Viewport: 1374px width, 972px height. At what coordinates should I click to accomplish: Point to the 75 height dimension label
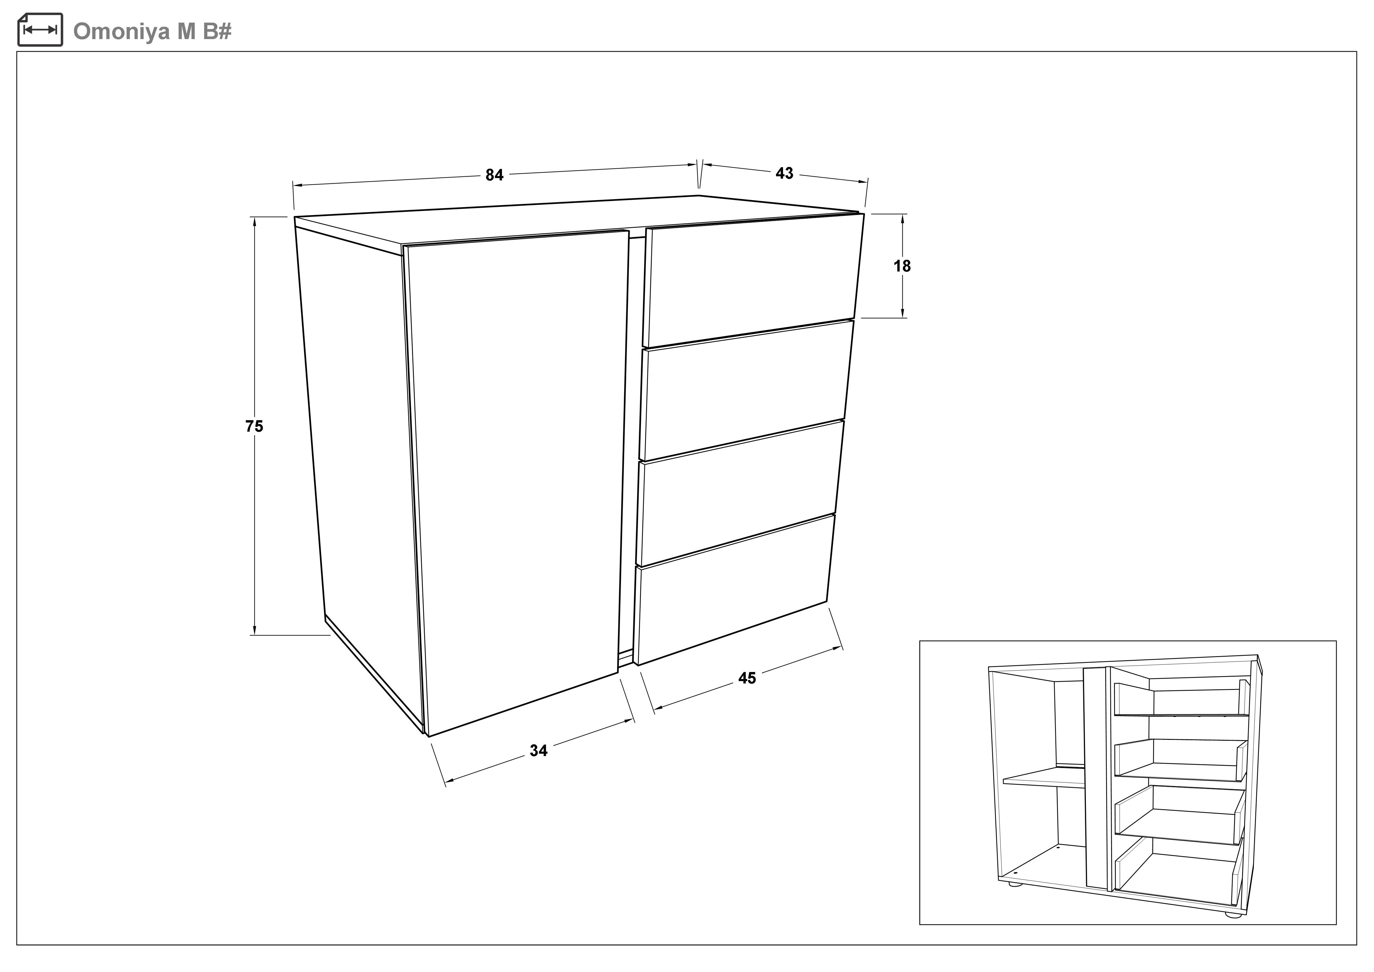(x=254, y=426)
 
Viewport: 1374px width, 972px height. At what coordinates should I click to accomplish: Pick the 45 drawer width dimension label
(x=747, y=678)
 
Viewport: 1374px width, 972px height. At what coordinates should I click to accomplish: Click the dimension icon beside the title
(x=40, y=29)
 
